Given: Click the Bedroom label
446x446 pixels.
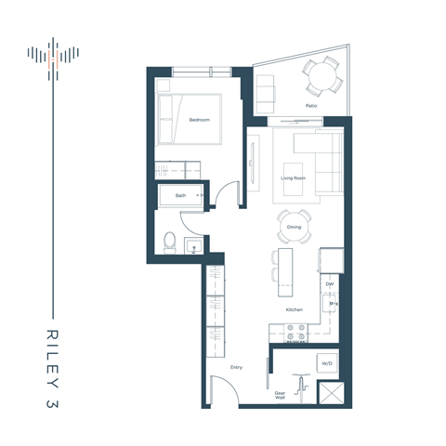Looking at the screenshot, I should (x=199, y=120).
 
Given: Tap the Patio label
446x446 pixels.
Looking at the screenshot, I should (x=312, y=106).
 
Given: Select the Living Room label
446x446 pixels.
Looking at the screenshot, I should (x=295, y=177).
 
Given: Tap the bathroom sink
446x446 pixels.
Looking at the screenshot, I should (x=193, y=246).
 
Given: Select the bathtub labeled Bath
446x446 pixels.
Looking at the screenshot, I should (x=181, y=196).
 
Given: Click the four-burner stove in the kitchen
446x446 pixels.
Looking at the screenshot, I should (x=295, y=330).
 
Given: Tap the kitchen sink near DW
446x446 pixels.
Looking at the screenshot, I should (x=328, y=303).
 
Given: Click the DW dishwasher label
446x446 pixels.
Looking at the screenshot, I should (x=329, y=283).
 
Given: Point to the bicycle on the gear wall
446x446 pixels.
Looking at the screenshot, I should (x=298, y=386).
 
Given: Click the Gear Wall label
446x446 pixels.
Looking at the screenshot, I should (x=279, y=396).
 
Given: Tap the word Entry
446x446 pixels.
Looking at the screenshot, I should (x=236, y=369).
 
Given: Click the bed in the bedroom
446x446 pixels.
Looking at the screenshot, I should (x=190, y=119).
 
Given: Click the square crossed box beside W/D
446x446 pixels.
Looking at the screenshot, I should (x=330, y=393).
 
